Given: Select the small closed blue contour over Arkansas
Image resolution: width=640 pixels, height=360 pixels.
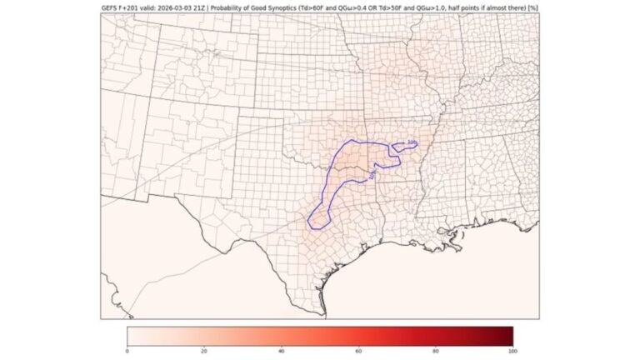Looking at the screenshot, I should pos(405,147).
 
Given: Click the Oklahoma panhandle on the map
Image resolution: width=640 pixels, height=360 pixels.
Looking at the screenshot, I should pos(250,131).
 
